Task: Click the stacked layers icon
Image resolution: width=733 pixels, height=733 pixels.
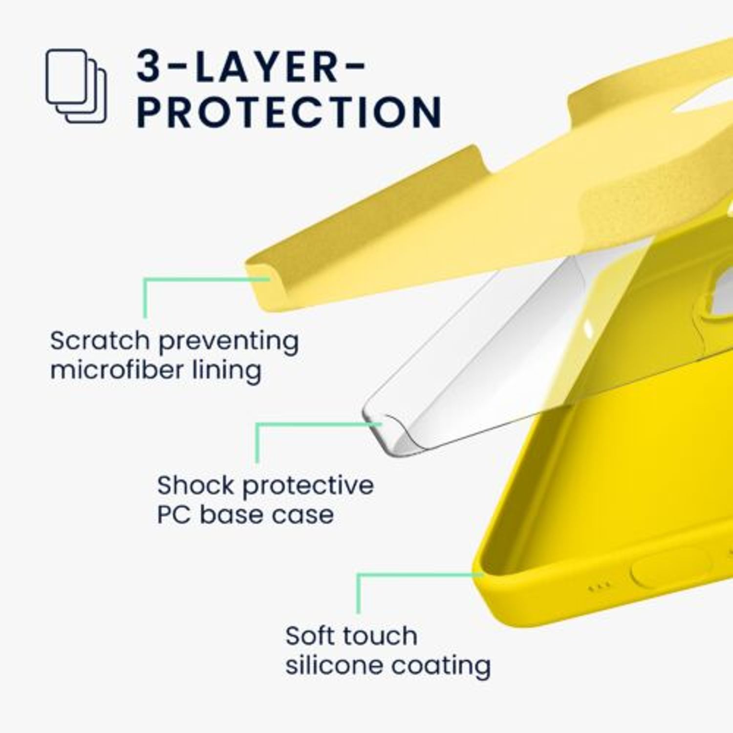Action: point(76,86)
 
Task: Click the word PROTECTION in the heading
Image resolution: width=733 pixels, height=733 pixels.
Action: point(289,112)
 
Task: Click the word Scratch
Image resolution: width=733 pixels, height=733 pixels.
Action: point(100,340)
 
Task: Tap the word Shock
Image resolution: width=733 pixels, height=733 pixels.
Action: point(196,485)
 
